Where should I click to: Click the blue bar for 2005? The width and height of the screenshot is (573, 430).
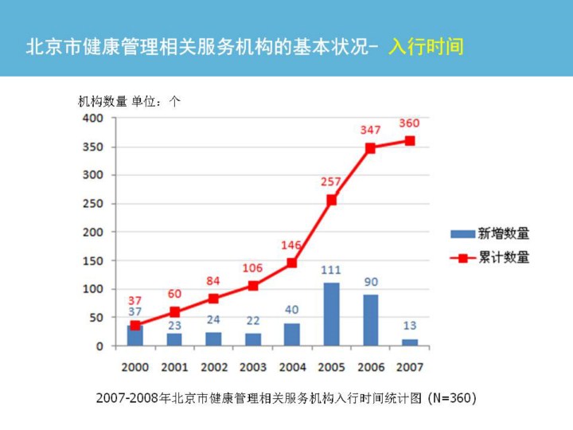coord(331,314)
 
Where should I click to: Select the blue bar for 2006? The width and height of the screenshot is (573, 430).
coord(370,320)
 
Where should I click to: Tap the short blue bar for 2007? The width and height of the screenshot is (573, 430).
coord(409,342)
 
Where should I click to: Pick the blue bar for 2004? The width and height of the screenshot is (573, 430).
coord(292,334)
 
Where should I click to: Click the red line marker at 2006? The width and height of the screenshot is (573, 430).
coord(370,148)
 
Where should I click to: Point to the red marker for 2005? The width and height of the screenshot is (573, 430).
coord(331,200)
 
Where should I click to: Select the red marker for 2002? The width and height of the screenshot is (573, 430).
coord(213,299)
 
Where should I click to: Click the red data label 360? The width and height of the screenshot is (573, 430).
coord(409,123)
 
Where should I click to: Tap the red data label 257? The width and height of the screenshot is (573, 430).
coord(331,182)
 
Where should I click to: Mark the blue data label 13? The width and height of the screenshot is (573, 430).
coord(409,326)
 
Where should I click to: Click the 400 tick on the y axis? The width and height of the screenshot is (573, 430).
coord(94,118)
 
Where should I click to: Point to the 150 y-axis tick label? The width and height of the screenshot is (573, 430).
coord(94,260)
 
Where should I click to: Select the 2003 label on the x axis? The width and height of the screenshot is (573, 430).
coord(252,367)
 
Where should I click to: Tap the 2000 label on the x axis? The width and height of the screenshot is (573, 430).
coord(134,367)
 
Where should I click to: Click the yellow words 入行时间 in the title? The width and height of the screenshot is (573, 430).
coord(426,46)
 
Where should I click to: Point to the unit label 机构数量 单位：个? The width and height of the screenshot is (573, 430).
coord(130,101)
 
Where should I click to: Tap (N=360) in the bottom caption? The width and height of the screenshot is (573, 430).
coord(452,397)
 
